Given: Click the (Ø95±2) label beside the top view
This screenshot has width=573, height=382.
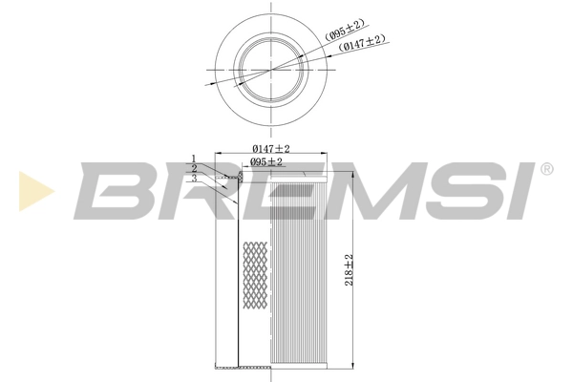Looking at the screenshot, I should (345, 32).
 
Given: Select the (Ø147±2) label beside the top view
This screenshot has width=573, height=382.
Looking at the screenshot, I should (363, 42).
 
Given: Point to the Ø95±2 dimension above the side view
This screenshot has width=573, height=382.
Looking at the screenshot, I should (266, 162).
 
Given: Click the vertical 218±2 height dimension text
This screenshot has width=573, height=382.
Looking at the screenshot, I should (350, 270).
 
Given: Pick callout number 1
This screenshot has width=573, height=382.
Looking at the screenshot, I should (193, 159).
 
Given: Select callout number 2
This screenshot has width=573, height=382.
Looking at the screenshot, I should (193, 168).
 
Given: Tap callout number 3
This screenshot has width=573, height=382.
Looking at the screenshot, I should (193, 178).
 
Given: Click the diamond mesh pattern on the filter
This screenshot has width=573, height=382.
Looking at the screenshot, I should (255, 277).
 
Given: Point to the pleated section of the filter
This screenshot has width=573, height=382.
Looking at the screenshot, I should (301, 277).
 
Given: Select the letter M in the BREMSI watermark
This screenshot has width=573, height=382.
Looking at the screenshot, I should (353, 190).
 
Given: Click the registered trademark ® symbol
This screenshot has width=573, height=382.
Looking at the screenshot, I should (546, 169).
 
